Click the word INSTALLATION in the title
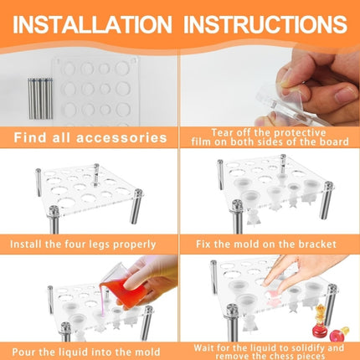(92, 24)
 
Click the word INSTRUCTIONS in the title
(265, 24)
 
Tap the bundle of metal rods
(40, 99)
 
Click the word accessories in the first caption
(121, 137)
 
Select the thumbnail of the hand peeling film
(270, 87)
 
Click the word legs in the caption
(100, 245)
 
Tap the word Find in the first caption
(30, 137)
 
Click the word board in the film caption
(334, 141)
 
